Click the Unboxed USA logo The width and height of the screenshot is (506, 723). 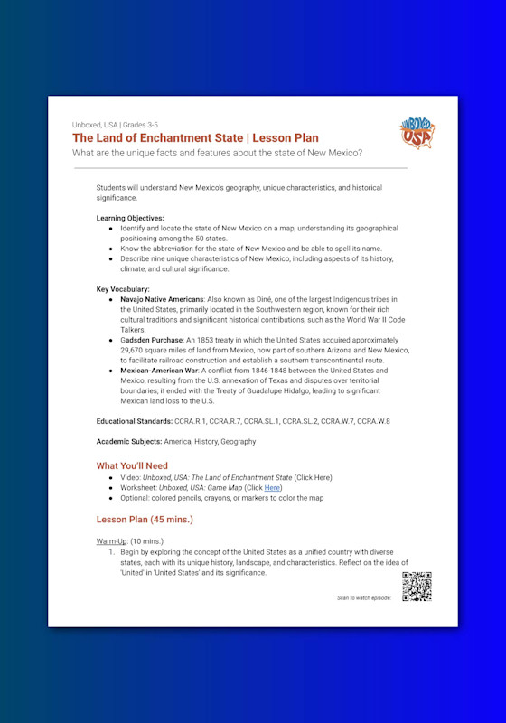[416, 133]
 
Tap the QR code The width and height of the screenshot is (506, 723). [417, 587]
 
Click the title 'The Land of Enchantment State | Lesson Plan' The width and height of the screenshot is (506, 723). [195, 138]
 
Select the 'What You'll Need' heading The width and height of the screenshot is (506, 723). [132, 466]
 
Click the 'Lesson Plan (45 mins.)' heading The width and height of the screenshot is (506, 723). [145, 520]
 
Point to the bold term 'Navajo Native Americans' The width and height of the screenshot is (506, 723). [162, 298]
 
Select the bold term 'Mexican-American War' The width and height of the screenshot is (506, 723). [162, 371]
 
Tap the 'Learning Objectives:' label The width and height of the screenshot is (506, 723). [130, 219]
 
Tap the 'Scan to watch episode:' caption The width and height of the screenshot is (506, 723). [365, 597]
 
